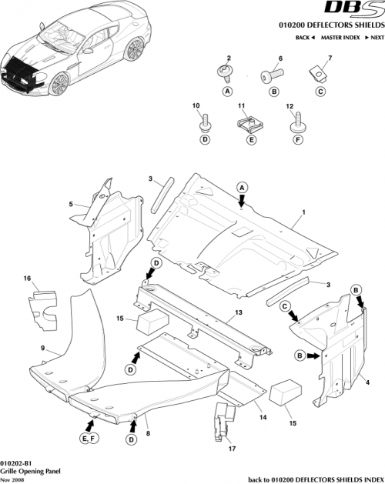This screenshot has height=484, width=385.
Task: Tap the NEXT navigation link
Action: click(x=375, y=38)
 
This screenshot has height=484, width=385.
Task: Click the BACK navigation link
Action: click(x=306, y=38)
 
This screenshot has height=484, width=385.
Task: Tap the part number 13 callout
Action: click(x=239, y=313)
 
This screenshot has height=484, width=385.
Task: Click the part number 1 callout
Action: click(x=303, y=212)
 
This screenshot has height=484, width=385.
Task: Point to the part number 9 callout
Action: click(x=43, y=348)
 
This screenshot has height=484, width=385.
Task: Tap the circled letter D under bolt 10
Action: click(x=206, y=141)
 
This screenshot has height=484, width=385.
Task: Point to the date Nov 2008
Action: click(x=12, y=479)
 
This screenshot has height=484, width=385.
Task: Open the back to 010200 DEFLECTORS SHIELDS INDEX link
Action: click(x=316, y=478)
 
